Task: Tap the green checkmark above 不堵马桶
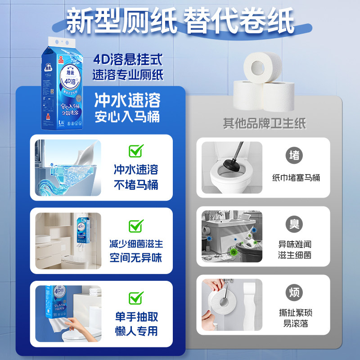pos(135,150)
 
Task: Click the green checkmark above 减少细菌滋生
pos(135,225)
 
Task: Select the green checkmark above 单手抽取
pos(135,297)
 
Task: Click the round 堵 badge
pos(294,155)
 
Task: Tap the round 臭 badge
pos(294,224)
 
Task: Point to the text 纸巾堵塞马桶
pos(296,177)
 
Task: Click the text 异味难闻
pos(295,245)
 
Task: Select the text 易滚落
pos(295,324)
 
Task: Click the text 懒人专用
pos(135,331)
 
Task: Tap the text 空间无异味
pos(135,258)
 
